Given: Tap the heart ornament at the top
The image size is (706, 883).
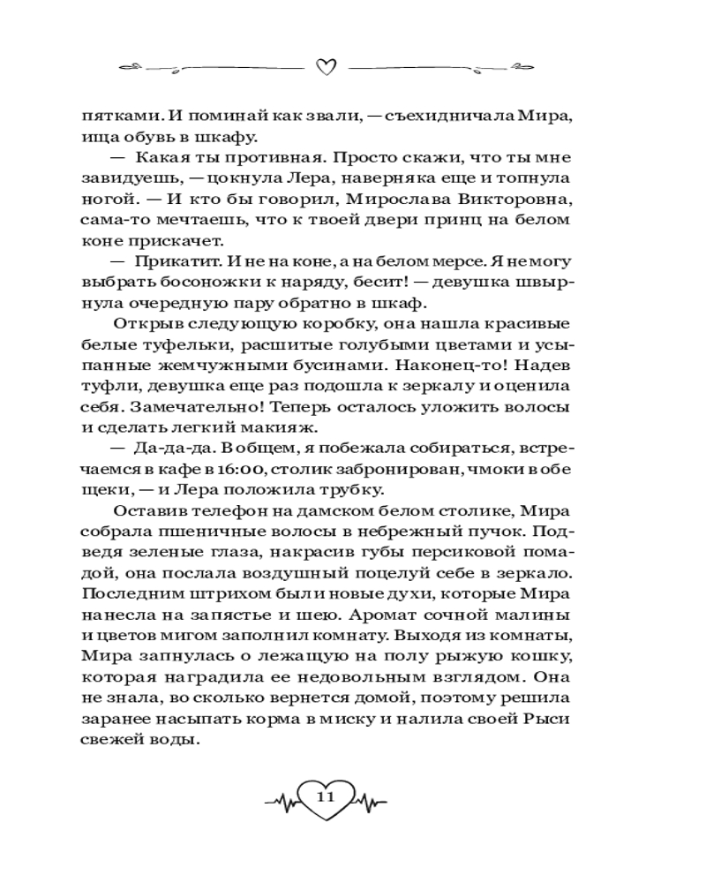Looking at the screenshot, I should [x=327, y=68].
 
